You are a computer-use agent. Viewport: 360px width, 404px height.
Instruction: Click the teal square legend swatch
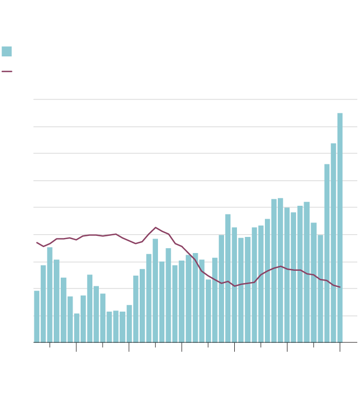coord(6,52)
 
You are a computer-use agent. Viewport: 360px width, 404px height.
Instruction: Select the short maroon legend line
coord(6,71)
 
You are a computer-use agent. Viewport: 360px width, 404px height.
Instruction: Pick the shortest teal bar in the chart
coord(77,328)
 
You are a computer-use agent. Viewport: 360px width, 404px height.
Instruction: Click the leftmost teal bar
coord(37,316)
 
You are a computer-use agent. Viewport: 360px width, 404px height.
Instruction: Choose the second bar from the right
coord(333,242)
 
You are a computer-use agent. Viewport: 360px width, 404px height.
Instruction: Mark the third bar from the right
coord(327,253)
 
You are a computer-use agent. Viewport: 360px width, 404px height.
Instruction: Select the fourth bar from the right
coord(320,288)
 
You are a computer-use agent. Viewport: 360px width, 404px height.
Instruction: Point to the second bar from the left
coord(44,304)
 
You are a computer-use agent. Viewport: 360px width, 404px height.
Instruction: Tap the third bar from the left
coord(50,294)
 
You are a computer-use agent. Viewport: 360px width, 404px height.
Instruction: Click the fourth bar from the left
coord(56,301)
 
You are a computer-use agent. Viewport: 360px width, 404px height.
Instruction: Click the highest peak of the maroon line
coord(156,227)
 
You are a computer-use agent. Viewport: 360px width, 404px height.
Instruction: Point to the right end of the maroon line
coord(340,287)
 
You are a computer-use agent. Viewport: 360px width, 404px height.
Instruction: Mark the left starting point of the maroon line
coord(37,242)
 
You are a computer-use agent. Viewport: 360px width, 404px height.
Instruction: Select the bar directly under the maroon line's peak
coord(155,290)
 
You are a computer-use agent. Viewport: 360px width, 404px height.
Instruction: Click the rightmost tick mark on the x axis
coord(340,347)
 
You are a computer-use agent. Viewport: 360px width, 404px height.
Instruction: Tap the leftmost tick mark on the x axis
coord(49,345)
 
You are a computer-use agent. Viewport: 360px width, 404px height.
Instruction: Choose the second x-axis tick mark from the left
coord(76,347)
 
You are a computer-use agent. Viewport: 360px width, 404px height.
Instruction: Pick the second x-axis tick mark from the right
coord(313,345)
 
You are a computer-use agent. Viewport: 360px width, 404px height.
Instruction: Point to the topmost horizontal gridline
coord(195,99)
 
